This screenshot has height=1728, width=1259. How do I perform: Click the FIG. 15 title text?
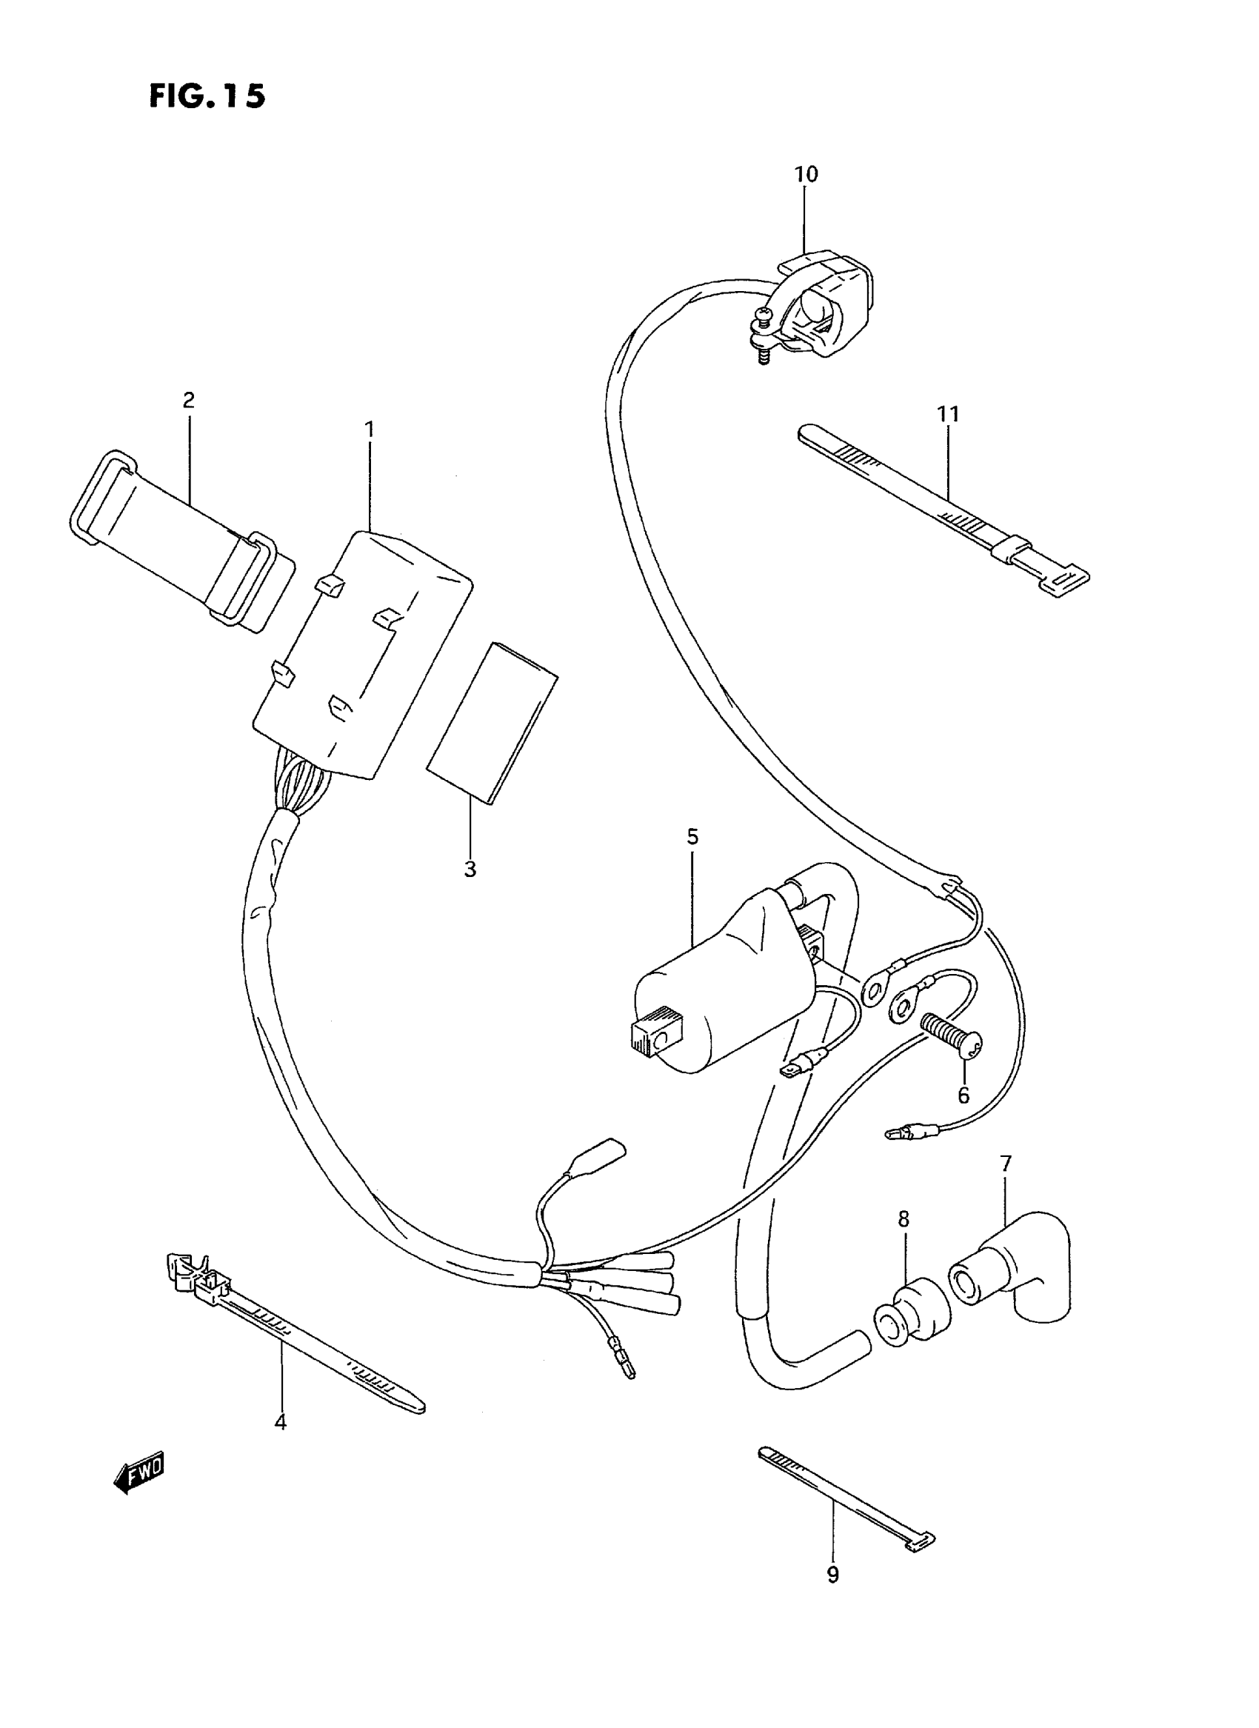coord(207,96)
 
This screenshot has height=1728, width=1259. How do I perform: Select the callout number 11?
coord(948,414)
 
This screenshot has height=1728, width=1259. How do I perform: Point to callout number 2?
coord(188,399)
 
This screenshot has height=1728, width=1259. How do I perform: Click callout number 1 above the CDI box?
coord(370,430)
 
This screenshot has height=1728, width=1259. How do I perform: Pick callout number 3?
coord(470,868)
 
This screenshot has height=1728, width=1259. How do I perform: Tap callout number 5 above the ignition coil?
coord(692,837)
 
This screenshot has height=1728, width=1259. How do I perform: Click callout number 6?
coord(964,1095)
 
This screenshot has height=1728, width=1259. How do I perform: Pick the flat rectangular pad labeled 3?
coord(492,721)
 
